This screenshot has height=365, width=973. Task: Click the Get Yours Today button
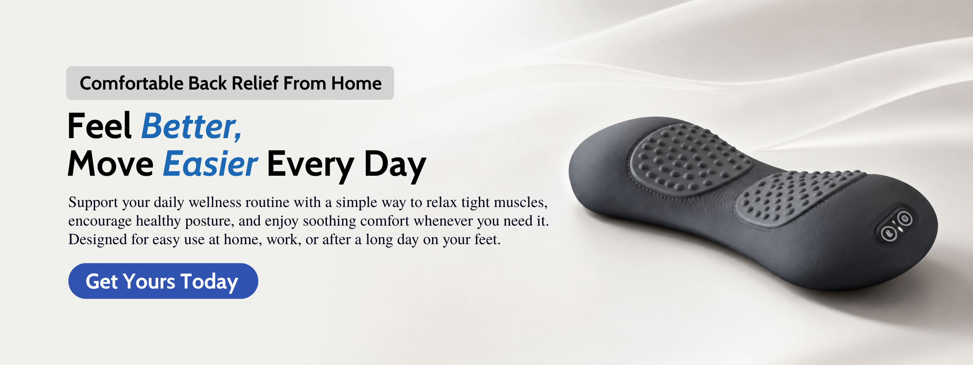click(x=163, y=281)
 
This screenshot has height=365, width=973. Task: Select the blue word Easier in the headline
click(x=210, y=164)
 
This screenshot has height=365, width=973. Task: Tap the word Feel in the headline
click(x=100, y=126)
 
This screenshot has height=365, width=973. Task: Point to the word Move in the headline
click(x=111, y=164)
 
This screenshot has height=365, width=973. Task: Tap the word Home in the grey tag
click(x=356, y=83)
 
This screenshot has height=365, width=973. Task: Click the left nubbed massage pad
click(x=689, y=161)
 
